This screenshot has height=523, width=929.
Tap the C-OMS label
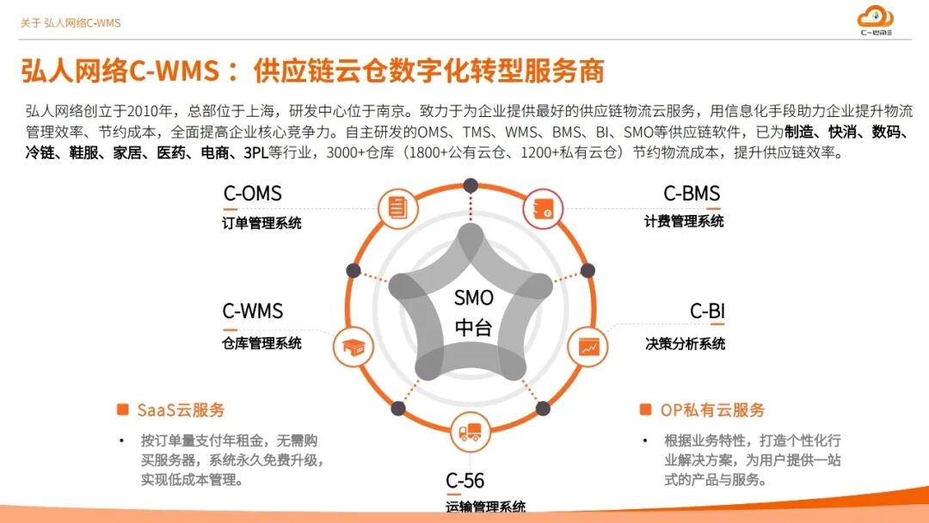(x=252, y=194)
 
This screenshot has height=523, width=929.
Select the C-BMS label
(x=691, y=194)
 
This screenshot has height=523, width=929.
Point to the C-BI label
(x=706, y=311)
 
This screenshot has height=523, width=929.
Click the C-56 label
(x=464, y=480)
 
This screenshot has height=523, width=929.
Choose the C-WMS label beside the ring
(x=252, y=311)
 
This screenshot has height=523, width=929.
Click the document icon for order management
(x=397, y=207)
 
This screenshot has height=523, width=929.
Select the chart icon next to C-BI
(x=589, y=347)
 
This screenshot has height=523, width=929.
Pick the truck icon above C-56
(x=470, y=431)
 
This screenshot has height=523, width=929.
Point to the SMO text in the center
(x=474, y=298)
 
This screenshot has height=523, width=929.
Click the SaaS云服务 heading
(x=181, y=410)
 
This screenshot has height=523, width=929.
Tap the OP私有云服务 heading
(x=712, y=410)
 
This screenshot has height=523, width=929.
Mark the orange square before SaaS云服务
(x=122, y=409)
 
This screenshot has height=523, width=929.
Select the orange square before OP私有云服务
(x=645, y=409)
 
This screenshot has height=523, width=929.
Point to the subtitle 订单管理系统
(x=261, y=223)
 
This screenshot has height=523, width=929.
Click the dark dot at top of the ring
(x=470, y=184)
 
